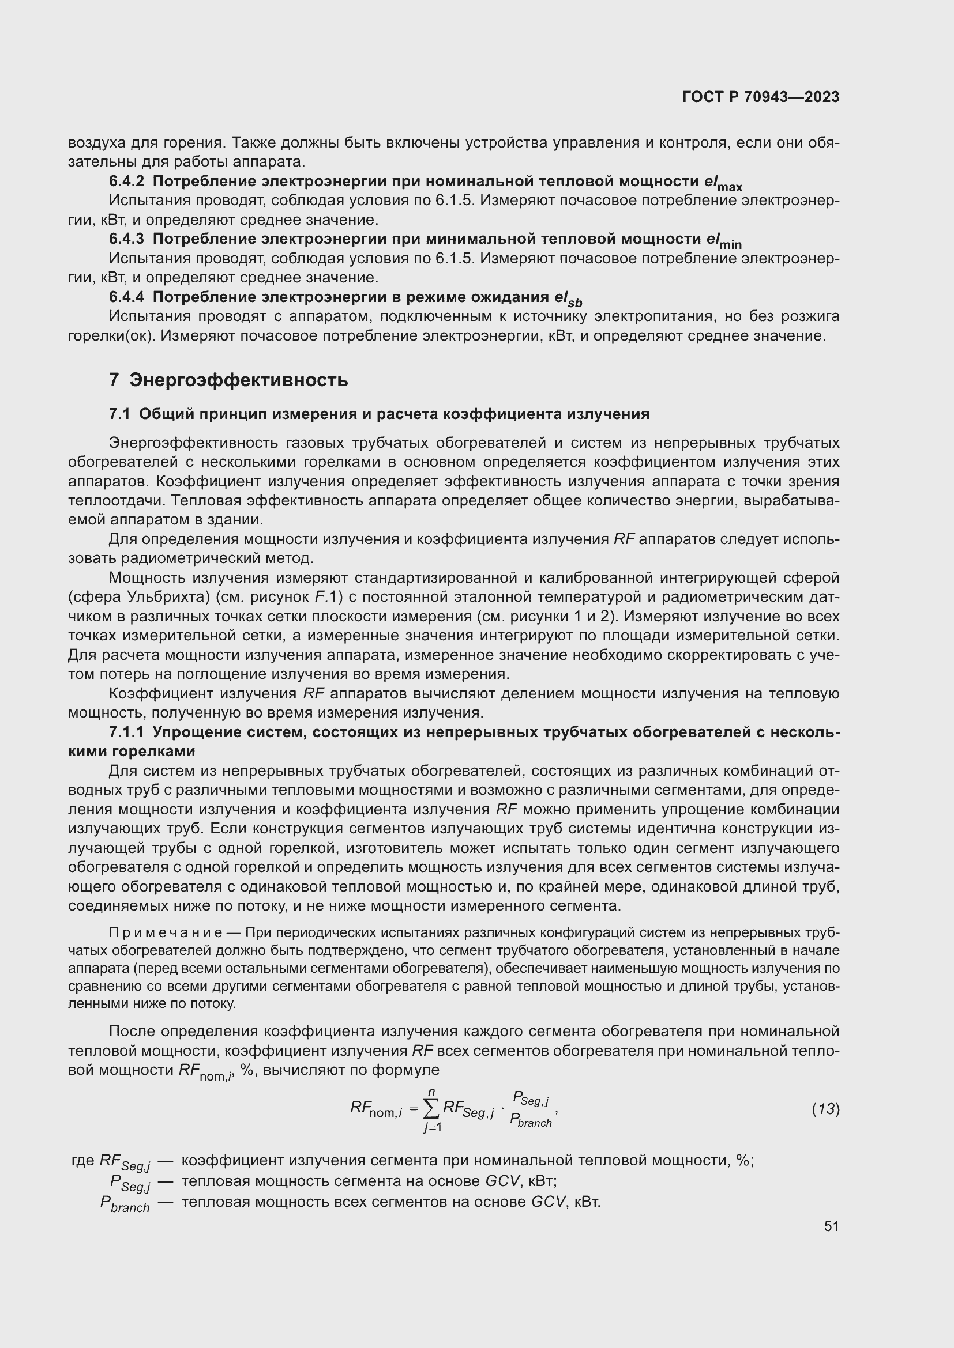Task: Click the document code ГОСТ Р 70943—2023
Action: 760,97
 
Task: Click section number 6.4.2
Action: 126,182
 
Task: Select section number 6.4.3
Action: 126,239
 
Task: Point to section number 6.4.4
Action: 126,297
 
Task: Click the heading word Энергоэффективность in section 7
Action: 239,380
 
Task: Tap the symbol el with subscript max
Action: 723,183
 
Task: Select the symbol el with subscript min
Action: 723,241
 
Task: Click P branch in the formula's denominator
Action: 531,1121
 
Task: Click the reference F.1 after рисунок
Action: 324,597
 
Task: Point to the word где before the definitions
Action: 83,1160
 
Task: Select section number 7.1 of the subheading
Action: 119,414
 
